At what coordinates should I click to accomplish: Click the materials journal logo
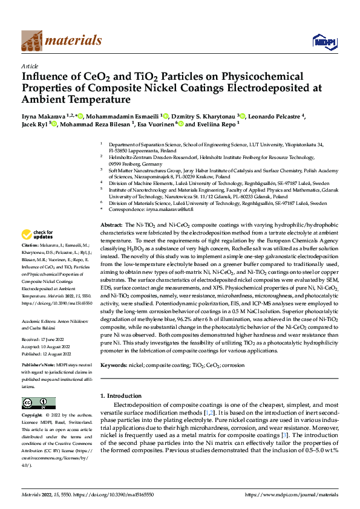coord(61,41)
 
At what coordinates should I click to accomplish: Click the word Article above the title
coord(30,66)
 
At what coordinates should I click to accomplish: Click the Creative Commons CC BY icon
coord(38,403)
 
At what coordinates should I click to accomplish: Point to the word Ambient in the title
coord(50,99)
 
